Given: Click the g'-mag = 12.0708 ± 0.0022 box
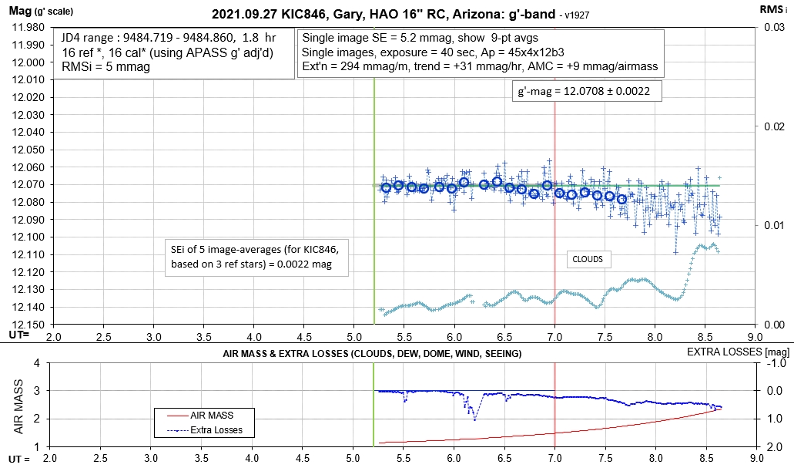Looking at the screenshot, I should (x=582, y=92).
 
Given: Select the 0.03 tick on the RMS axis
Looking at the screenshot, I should (x=774, y=27).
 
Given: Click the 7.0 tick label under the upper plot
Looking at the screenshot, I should (x=554, y=337).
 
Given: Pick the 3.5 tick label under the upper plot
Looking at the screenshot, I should (x=203, y=337).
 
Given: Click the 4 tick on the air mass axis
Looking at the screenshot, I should (x=36, y=363).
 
